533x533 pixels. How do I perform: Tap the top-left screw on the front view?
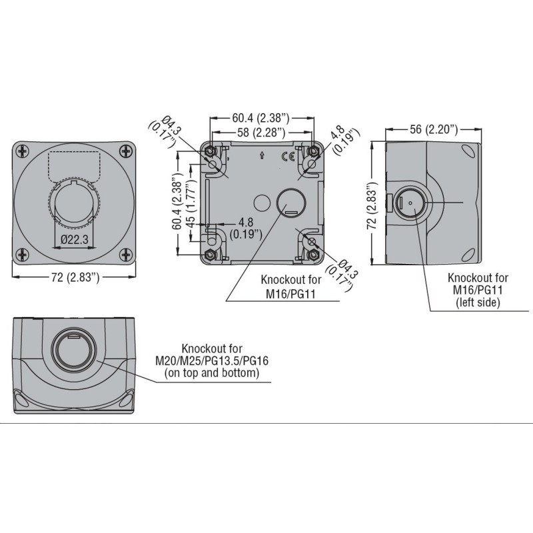23,151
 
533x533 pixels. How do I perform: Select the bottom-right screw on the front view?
125,253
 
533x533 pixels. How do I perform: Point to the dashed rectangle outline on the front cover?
74,165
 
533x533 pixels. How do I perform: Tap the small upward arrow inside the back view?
263,157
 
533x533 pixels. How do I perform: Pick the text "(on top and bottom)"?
212,374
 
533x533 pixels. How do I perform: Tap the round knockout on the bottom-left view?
73,349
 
